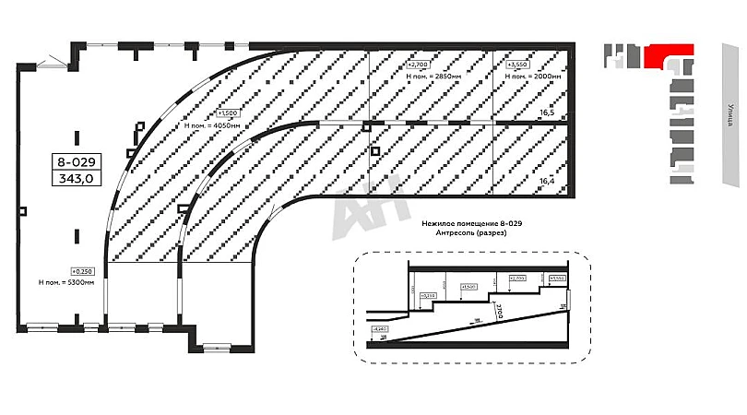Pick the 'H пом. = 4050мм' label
point(213,124)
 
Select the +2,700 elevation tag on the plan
point(418,66)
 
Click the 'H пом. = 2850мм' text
point(433,77)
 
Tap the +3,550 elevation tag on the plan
point(517,66)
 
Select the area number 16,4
point(547,181)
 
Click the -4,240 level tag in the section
point(378,328)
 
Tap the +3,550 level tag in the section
point(556,278)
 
